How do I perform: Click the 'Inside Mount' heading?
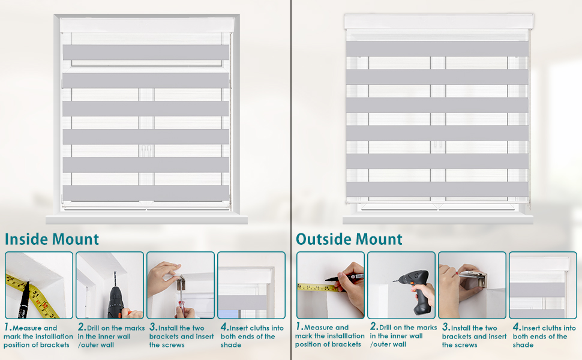52,239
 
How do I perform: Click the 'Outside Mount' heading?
349,239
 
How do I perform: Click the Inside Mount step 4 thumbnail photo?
251,285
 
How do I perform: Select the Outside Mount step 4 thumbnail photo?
542,285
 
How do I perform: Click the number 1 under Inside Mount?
7,328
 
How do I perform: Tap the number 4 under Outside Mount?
516,328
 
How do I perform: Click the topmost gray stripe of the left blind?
146,52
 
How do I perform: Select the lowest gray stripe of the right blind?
437,190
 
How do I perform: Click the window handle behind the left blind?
146,151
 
